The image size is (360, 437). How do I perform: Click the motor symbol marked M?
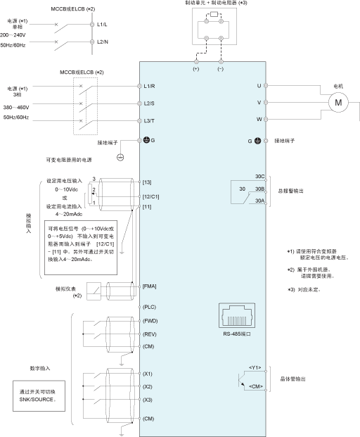click(338, 103)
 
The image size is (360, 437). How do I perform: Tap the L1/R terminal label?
click(149, 87)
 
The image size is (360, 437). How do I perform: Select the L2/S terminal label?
click(149, 103)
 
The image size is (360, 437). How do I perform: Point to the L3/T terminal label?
click(149, 121)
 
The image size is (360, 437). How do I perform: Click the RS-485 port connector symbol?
click(237, 315)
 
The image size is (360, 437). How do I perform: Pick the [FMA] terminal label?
click(150, 286)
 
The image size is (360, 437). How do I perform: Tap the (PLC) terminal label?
click(149, 307)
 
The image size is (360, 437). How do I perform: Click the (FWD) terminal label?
click(150, 321)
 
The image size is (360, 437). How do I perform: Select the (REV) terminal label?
click(150, 334)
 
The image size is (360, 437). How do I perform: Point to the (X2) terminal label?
click(147, 387)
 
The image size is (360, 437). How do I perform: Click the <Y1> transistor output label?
click(255, 368)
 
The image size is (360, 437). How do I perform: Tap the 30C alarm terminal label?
click(259, 177)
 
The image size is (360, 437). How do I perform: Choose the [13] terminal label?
click(147, 182)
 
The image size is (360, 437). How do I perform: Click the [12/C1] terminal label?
click(150, 197)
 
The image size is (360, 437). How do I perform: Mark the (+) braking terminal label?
click(196, 69)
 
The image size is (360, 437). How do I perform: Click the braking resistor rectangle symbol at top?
click(214, 14)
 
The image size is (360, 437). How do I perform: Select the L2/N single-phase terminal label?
click(103, 42)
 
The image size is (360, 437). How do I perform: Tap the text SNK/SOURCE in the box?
click(37, 400)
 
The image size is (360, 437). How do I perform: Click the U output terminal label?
click(259, 86)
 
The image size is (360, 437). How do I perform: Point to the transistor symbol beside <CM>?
click(241, 380)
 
